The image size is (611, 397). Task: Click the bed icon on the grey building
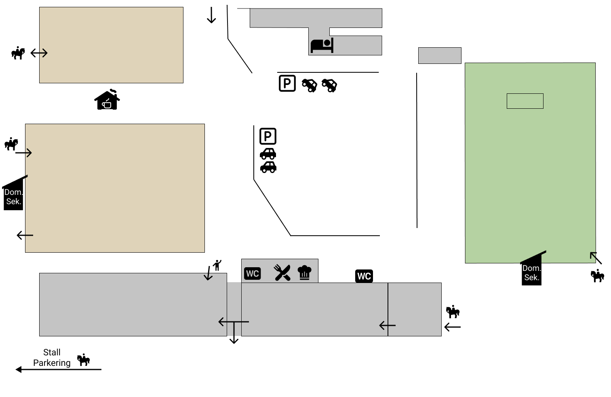coord(322,45)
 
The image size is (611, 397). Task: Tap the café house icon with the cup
coord(107,100)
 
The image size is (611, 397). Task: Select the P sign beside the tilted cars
coord(287,84)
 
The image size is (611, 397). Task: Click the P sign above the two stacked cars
coord(268,136)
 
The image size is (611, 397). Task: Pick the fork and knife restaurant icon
coord(282,273)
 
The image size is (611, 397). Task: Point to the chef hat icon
coord(304,272)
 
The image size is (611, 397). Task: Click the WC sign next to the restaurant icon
coord(253,274)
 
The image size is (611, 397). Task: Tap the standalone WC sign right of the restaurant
coord(364,276)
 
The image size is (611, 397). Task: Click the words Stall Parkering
coord(52,358)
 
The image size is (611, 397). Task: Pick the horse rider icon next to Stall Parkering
coord(83,359)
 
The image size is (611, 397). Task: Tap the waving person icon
coord(217,265)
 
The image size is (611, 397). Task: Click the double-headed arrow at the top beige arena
coord(39,53)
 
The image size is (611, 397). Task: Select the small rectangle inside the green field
coord(525,101)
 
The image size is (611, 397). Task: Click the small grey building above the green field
coord(440,55)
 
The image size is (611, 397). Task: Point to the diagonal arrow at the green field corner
coord(596,258)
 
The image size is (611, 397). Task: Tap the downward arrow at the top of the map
coord(211,15)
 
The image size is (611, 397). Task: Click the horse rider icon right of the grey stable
coord(453,312)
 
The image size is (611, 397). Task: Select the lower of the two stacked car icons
coord(268,167)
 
